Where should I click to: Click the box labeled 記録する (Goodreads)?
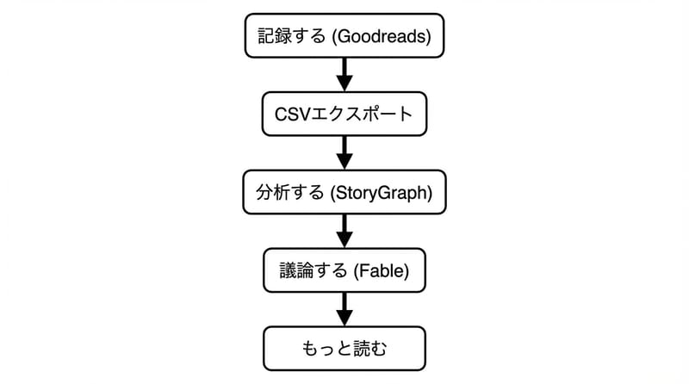tap(344, 35)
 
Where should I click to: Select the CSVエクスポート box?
tap(344, 114)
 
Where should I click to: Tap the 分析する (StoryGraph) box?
tap(344, 192)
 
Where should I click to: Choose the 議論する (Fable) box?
tap(344, 270)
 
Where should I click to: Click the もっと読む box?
tap(344, 349)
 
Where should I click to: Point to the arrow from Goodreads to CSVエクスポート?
tap(344, 73)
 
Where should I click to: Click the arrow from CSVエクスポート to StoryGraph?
tap(344, 152)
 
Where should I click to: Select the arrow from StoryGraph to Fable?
tap(344, 230)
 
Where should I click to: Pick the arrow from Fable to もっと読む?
tap(344, 308)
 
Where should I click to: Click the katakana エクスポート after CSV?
tap(363, 114)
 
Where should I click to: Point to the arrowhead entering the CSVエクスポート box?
tap(344, 84)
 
